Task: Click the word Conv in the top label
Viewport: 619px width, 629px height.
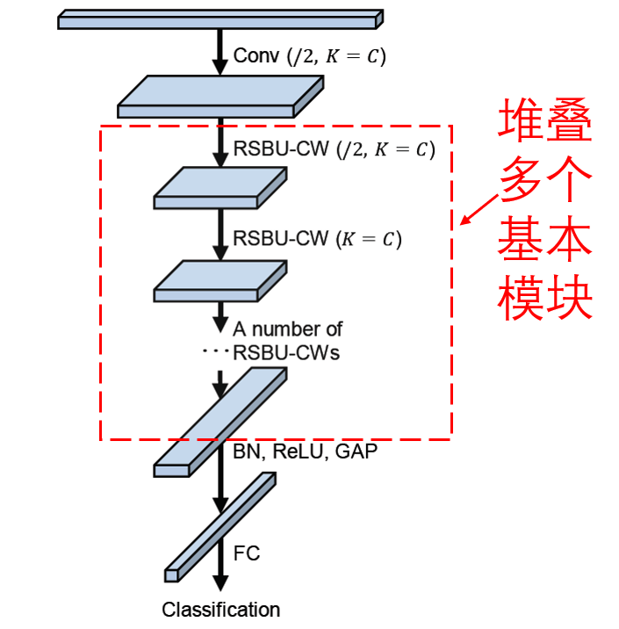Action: tap(256, 55)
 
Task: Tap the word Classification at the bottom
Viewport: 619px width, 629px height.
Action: tap(221, 610)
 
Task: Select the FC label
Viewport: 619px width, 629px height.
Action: tap(247, 553)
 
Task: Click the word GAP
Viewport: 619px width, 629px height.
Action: tap(356, 452)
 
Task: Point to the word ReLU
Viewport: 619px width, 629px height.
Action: tap(298, 452)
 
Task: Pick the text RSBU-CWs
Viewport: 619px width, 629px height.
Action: tap(286, 353)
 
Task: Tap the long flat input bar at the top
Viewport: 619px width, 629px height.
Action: tap(220, 19)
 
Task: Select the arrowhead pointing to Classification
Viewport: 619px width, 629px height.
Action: tap(220, 583)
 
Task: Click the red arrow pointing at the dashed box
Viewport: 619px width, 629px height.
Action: tap(479, 210)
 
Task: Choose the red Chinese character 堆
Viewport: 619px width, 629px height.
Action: tap(521, 120)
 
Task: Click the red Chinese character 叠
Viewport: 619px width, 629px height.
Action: tap(569, 120)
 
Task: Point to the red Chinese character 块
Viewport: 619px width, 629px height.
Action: tap(569, 297)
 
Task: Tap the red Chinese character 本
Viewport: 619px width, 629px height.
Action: tap(569, 238)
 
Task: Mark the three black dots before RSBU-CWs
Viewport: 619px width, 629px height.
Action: tap(216, 351)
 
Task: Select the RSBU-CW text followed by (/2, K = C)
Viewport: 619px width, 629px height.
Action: tap(281, 148)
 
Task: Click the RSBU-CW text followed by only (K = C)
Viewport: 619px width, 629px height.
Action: tap(281, 238)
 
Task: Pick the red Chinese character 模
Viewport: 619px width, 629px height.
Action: tap(521, 297)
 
